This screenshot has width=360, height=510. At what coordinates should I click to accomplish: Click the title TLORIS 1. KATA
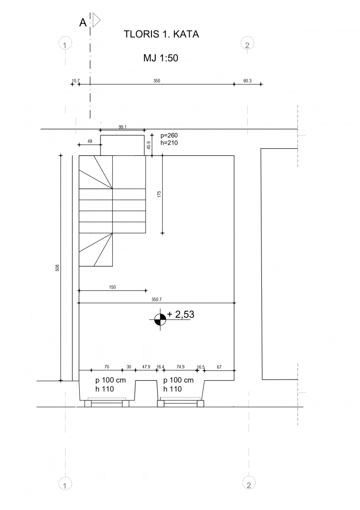pos(161,34)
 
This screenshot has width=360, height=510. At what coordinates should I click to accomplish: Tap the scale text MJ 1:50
pos(161,58)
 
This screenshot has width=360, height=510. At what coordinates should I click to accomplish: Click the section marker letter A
pos(83,23)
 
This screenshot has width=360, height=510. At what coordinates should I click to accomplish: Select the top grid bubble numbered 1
pos(65,43)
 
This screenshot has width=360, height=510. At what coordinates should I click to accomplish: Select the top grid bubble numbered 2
pos(247,43)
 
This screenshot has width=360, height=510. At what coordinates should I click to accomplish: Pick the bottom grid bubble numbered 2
pos(249,483)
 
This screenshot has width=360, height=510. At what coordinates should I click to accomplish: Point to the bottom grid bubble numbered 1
pos(65,484)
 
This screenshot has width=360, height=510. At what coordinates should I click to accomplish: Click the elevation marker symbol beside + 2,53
pos(160,319)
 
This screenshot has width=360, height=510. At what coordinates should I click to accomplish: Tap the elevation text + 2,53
pos(181,314)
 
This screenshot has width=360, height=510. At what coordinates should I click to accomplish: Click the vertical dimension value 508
pos(58,268)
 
